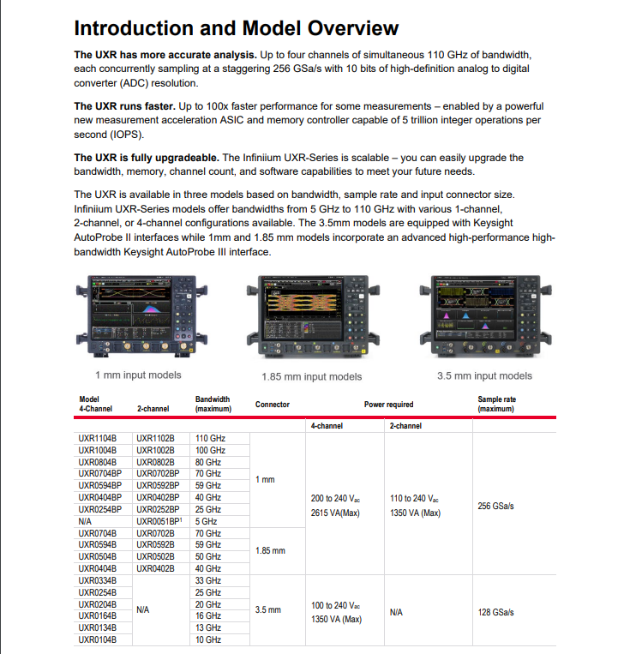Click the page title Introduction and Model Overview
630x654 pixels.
click(x=236, y=27)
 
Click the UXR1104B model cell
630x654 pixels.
click(x=97, y=437)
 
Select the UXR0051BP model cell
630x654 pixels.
click(x=159, y=521)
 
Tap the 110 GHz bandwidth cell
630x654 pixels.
click(x=210, y=437)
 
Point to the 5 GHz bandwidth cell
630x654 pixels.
click(x=207, y=521)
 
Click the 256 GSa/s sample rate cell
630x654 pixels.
click(x=495, y=506)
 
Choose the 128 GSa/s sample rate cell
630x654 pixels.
click(x=495, y=612)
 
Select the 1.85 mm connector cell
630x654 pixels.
click(x=270, y=550)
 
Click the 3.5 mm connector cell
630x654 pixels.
click(x=267, y=610)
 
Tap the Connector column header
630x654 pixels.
click(x=272, y=405)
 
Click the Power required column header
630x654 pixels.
click(x=388, y=405)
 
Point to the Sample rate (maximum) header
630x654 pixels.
click(x=496, y=405)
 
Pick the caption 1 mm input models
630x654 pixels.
click(x=138, y=375)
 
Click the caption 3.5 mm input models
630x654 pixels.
click(x=484, y=375)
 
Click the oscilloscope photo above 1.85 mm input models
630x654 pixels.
click(x=311, y=320)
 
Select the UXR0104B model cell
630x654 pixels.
click(x=97, y=639)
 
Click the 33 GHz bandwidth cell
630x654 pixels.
click(x=208, y=580)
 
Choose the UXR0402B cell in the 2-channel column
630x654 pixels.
click(x=155, y=568)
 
